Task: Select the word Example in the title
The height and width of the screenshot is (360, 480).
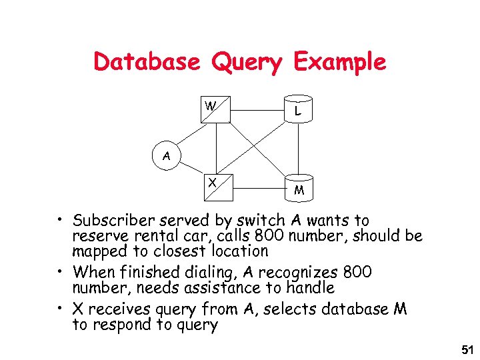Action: pyautogui.click(x=339, y=62)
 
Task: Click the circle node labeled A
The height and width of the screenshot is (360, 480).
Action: pyautogui.click(x=166, y=156)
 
